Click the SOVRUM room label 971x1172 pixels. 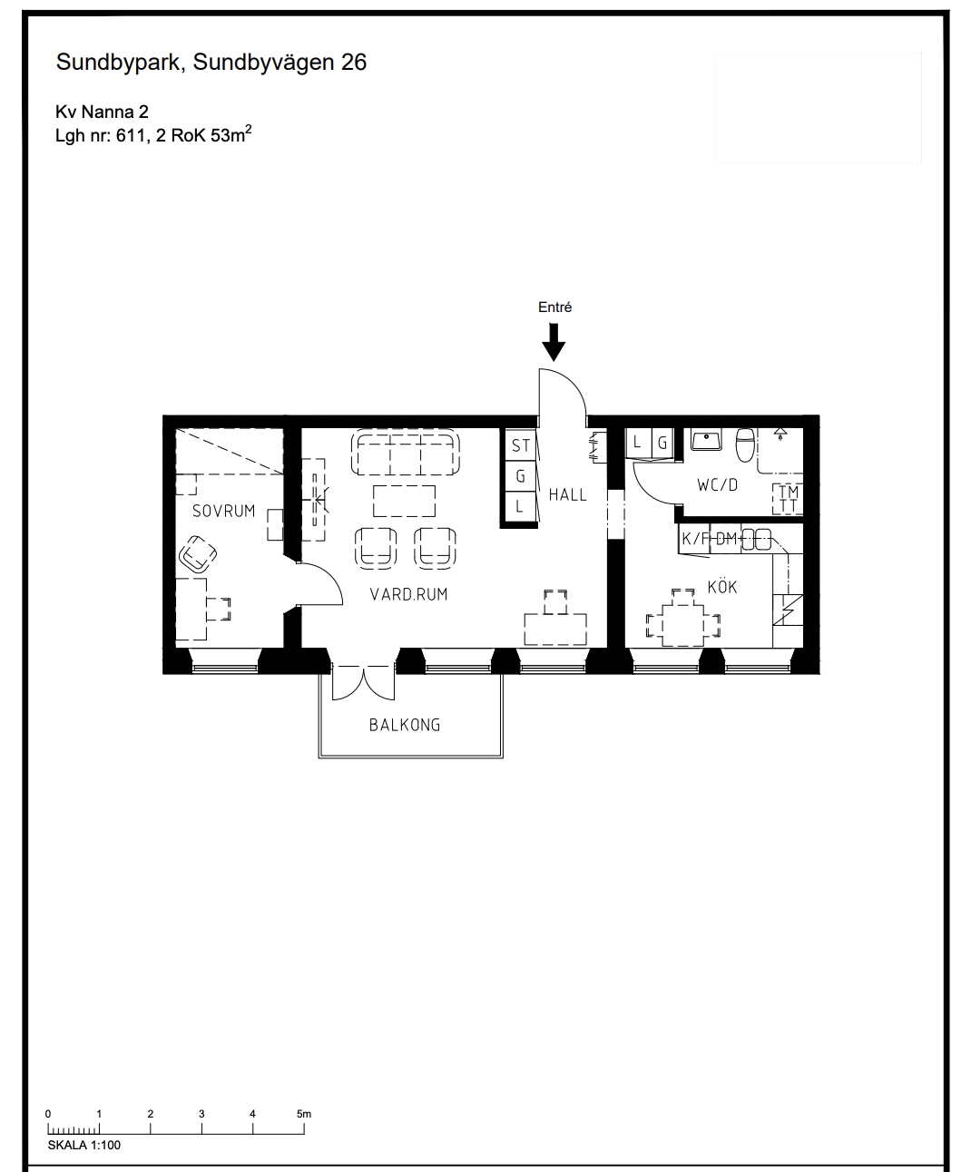[223, 511]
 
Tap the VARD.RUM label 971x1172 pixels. [409, 594]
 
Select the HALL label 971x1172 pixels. [568, 495]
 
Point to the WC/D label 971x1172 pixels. [717, 485]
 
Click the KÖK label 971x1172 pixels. [722, 587]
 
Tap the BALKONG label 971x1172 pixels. [405, 725]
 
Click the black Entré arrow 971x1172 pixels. [554, 342]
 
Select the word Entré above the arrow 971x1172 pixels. [554, 307]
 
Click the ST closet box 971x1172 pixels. [520, 445]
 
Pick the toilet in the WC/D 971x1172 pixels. [745, 444]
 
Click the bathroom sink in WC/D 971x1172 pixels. [707, 440]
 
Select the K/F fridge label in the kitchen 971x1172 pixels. [694, 539]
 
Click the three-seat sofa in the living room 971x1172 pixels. [406, 453]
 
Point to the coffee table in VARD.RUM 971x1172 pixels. [405, 501]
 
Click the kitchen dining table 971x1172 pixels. [683, 625]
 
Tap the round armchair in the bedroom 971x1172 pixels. [198, 554]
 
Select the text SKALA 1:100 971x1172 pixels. [84, 1146]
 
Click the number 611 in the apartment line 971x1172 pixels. [131, 136]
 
